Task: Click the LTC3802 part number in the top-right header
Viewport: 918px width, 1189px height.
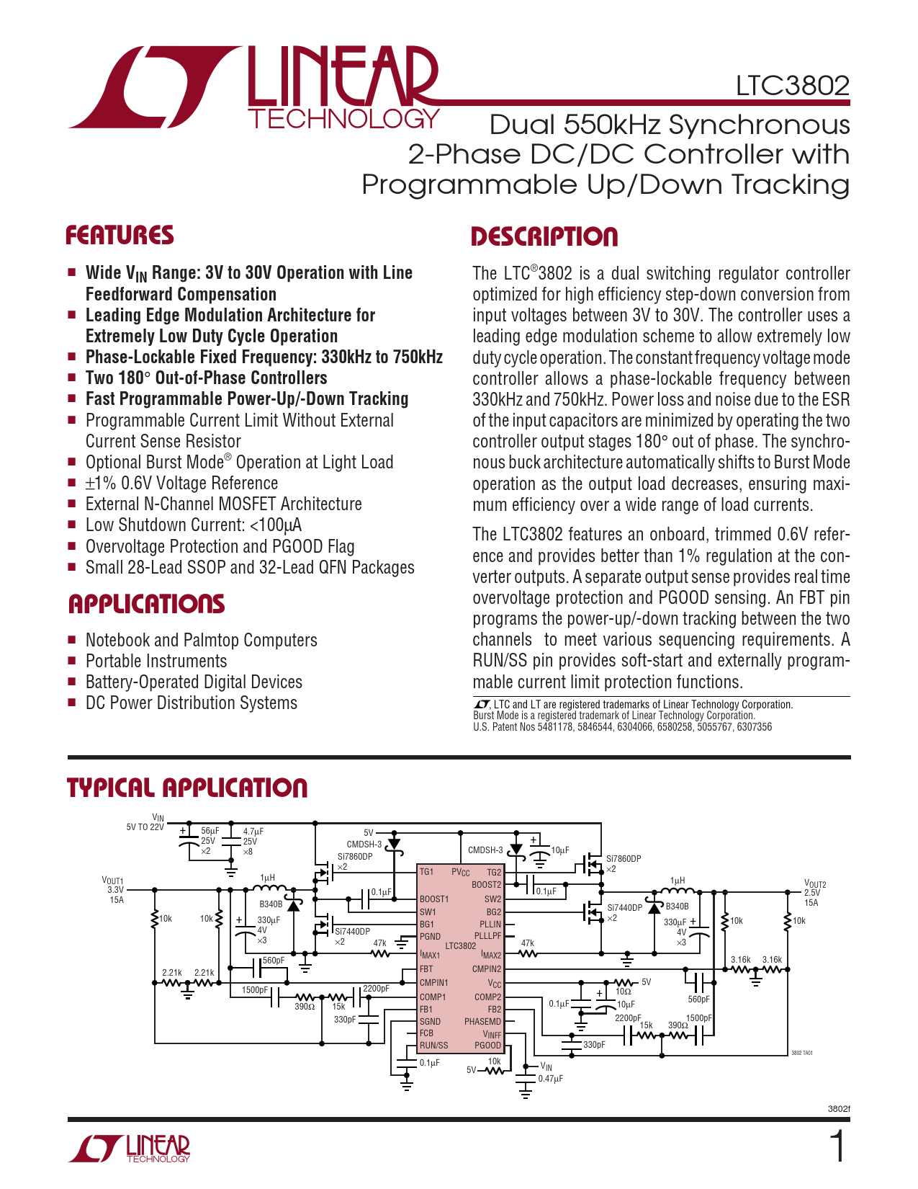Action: tap(792, 86)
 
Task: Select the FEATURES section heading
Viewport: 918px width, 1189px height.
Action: tap(120, 236)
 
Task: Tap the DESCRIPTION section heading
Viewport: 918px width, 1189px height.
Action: tap(544, 237)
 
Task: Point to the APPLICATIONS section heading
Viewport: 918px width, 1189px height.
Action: tap(146, 604)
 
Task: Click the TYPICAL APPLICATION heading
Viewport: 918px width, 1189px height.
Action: tap(187, 788)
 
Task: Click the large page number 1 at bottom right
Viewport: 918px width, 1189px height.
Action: tap(837, 1146)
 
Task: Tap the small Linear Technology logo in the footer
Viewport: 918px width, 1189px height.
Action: tap(130, 1149)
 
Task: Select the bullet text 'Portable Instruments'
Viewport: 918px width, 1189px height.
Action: tap(156, 661)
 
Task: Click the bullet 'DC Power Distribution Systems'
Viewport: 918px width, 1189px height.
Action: tap(191, 703)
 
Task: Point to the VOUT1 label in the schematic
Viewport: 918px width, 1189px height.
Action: tap(113, 881)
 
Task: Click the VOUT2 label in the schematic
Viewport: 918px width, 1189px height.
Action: tap(814, 884)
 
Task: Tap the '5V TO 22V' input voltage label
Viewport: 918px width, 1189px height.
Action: tap(145, 827)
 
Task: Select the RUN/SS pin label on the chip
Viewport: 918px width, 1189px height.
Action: tap(433, 1046)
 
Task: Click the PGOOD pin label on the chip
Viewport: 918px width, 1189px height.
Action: tap(487, 1046)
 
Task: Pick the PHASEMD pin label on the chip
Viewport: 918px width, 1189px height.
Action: tap(482, 1021)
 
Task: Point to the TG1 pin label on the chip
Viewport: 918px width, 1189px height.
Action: tap(426, 872)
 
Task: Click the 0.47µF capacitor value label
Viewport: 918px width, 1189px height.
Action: tap(550, 1079)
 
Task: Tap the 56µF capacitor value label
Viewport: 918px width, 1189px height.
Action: tap(210, 831)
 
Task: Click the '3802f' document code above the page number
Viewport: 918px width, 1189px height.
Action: tap(839, 1109)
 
